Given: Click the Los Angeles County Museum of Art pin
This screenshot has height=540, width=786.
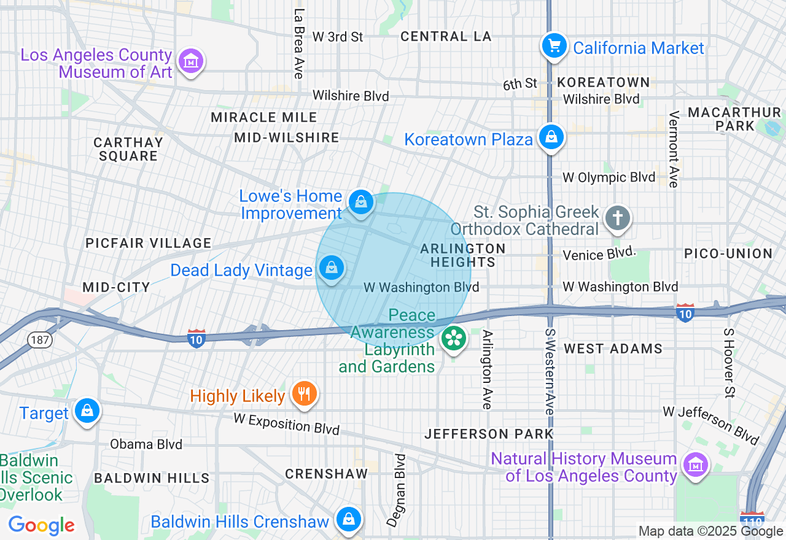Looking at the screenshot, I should click(x=191, y=61).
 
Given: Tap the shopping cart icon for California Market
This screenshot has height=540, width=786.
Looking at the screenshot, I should click(x=554, y=45).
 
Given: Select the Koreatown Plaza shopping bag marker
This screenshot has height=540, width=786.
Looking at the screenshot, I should click(x=551, y=137).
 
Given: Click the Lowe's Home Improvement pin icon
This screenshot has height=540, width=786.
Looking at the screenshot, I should click(x=360, y=202).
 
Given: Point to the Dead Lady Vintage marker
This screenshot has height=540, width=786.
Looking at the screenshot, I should click(x=332, y=268).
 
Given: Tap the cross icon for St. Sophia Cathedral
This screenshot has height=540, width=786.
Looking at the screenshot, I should click(x=618, y=218).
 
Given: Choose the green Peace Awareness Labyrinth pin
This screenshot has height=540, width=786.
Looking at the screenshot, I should click(x=454, y=338).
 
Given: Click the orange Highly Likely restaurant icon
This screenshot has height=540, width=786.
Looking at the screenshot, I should click(x=304, y=393).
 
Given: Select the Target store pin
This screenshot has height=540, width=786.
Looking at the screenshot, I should click(x=87, y=411).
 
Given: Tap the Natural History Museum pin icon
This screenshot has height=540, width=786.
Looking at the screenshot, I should click(x=695, y=465).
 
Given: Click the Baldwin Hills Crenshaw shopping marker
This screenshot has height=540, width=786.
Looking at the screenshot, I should click(x=349, y=520).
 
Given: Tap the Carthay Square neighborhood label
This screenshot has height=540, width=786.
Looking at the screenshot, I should click(x=128, y=149).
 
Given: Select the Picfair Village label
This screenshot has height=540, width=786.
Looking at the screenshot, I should click(x=149, y=244).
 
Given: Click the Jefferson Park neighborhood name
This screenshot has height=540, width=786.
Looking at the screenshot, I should click(x=489, y=434).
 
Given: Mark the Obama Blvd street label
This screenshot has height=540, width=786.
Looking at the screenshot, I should click(x=146, y=444).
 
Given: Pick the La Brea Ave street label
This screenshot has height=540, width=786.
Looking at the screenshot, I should click(x=299, y=44).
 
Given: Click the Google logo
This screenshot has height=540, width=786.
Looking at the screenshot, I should click(x=41, y=525).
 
